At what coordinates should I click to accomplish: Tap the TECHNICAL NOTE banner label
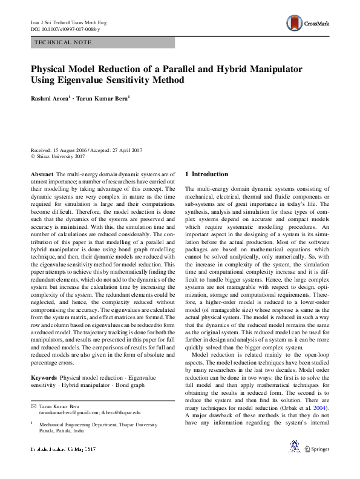[63, 42]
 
